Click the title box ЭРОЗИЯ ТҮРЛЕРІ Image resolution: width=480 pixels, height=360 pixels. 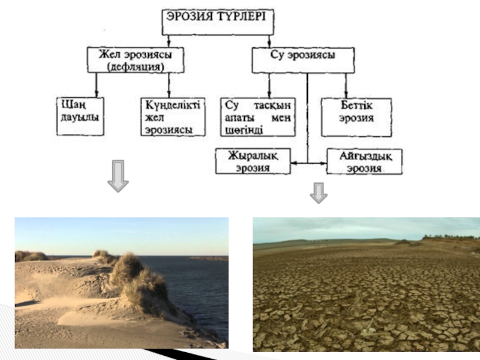click(x=218, y=22)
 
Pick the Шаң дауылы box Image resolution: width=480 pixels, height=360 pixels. click(x=79, y=116)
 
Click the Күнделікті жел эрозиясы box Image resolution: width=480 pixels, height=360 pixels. click(x=173, y=116)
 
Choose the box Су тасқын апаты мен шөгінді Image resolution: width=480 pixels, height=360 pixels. click(x=258, y=116)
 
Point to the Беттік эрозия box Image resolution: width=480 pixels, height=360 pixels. click(x=356, y=116)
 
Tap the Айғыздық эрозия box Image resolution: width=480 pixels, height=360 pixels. click(x=364, y=161)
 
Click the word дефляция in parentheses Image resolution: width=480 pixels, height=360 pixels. click(x=136, y=67)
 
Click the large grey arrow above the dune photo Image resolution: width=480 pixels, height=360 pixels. click(x=118, y=176)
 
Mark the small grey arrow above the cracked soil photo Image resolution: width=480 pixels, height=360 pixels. click(x=319, y=192)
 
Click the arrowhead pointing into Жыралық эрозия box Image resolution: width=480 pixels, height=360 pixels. click(x=293, y=162)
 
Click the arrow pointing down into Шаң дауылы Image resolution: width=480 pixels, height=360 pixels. click(x=96, y=92)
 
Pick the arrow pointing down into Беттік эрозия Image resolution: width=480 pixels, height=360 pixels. click(x=346, y=92)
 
